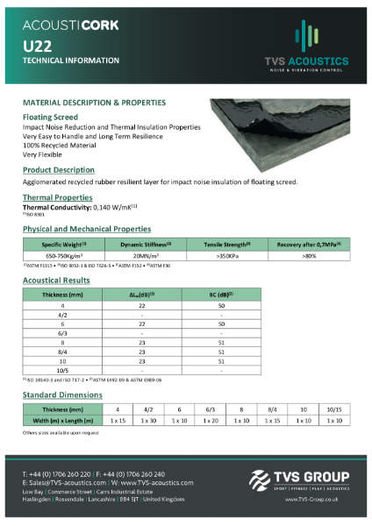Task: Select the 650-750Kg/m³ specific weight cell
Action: [61, 254]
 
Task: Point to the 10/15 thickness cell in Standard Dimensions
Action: [333, 408]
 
